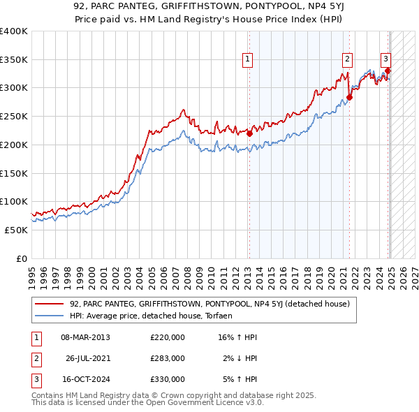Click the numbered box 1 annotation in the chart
click(x=248, y=60)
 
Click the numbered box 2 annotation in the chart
click(x=347, y=60)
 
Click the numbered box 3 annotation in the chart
click(x=385, y=60)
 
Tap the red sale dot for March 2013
click(x=249, y=133)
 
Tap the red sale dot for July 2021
click(x=350, y=97)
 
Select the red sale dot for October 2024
click(x=388, y=71)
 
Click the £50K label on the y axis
click(x=16, y=230)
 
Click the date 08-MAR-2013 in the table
click(x=85, y=337)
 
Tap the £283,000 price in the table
click(x=168, y=358)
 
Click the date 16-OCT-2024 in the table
click(x=85, y=379)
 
